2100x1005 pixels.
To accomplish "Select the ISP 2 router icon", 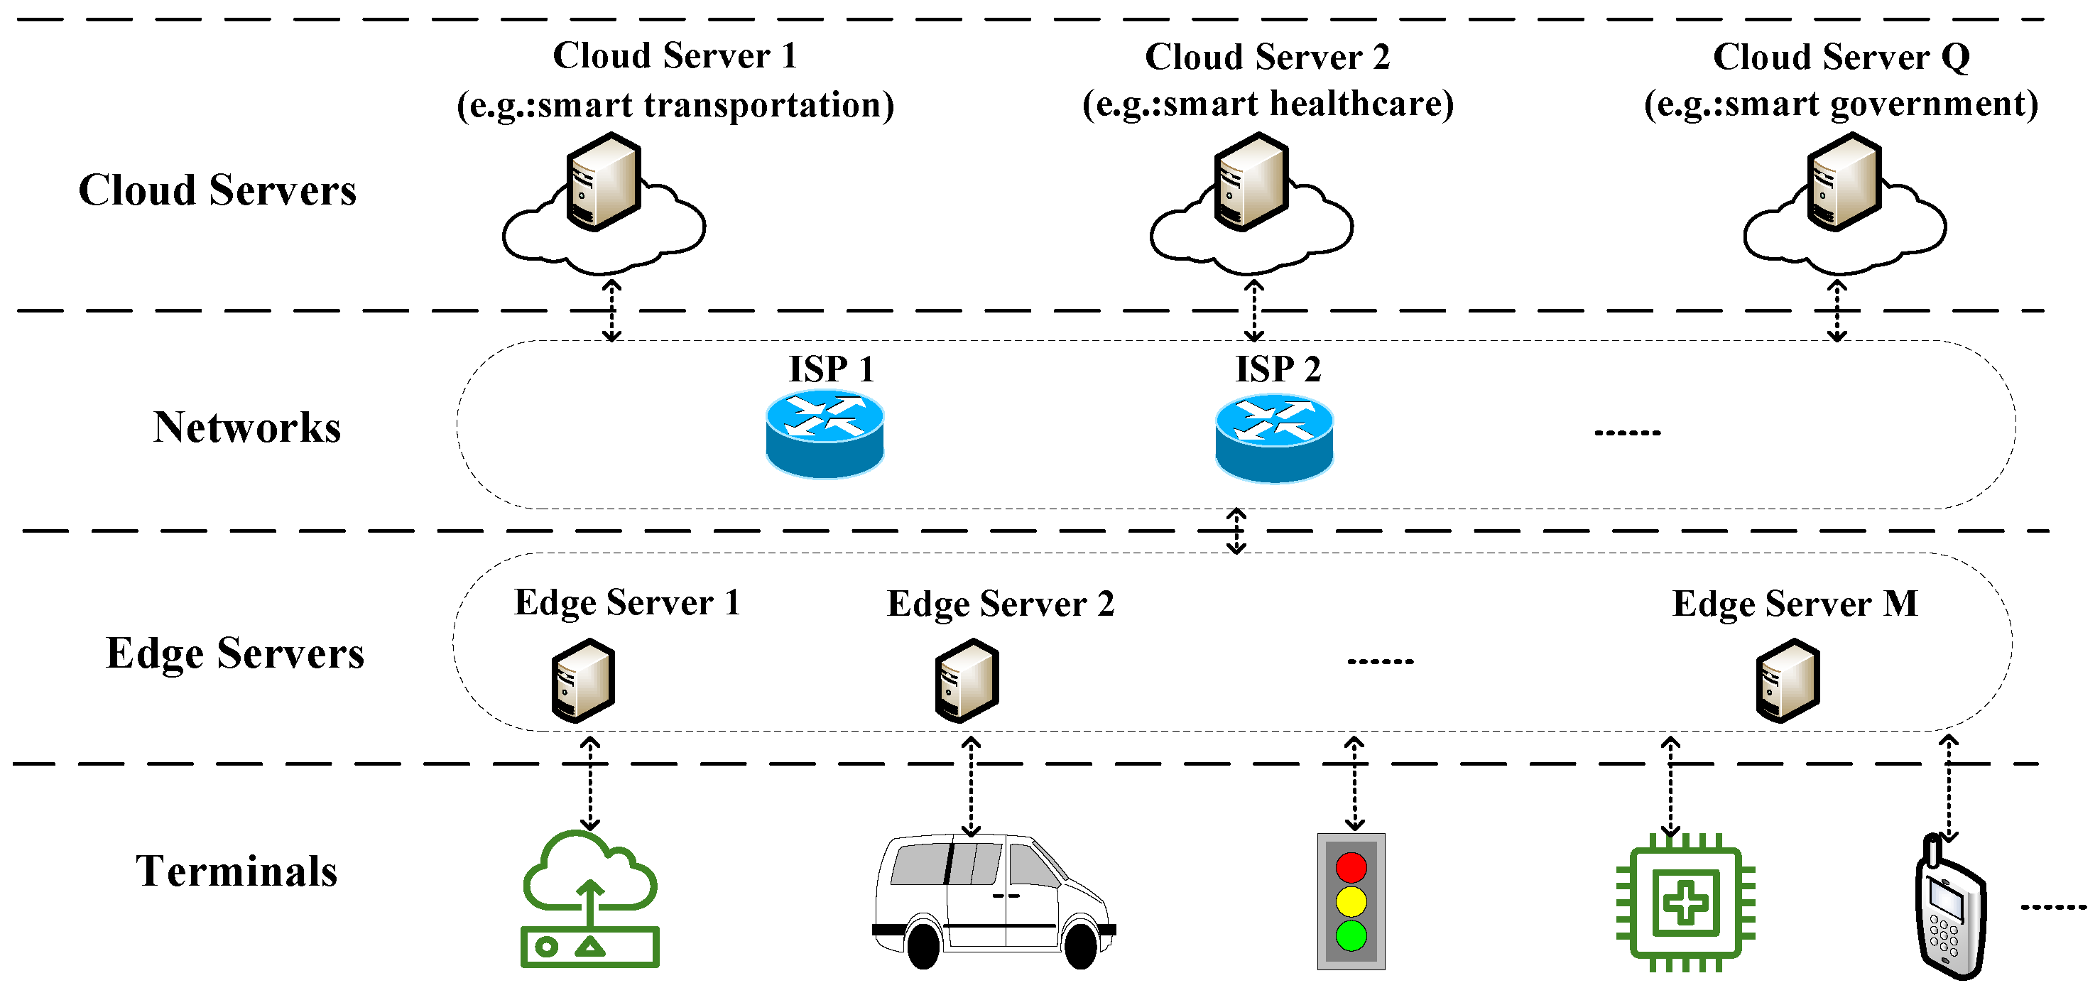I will pos(1273,438).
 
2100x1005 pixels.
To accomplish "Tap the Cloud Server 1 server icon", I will pos(603,182).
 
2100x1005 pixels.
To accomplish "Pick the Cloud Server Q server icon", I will pos(1844,182).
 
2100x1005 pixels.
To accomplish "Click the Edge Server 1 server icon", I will pos(583,680).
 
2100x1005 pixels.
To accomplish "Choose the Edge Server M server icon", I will pos(1787,680).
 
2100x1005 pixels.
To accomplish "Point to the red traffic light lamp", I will pos(1351,867).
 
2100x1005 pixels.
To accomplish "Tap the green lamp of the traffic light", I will pos(1351,935).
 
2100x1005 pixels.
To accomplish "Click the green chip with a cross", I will pos(1685,902).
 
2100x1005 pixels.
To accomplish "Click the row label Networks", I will pos(247,427).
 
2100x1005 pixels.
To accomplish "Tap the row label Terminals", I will pos(236,871).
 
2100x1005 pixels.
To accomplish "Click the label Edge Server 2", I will pos(1000,604).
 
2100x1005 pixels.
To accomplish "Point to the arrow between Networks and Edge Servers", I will pos(1236,531).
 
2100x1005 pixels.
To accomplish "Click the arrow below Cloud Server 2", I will pos(1253,310).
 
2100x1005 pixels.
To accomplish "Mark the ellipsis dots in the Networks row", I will pos(1627,432).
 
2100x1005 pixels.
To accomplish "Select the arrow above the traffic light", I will pos(1354,783).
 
